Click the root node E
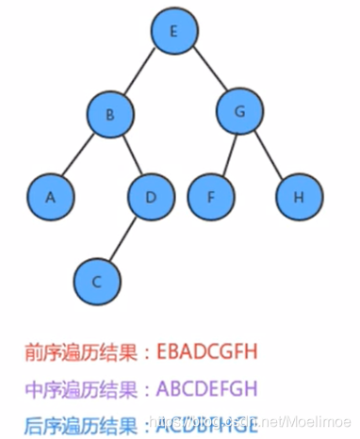(173, 32)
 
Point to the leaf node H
(299, 197)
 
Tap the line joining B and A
(79, 156)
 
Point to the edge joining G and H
(269, 156)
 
